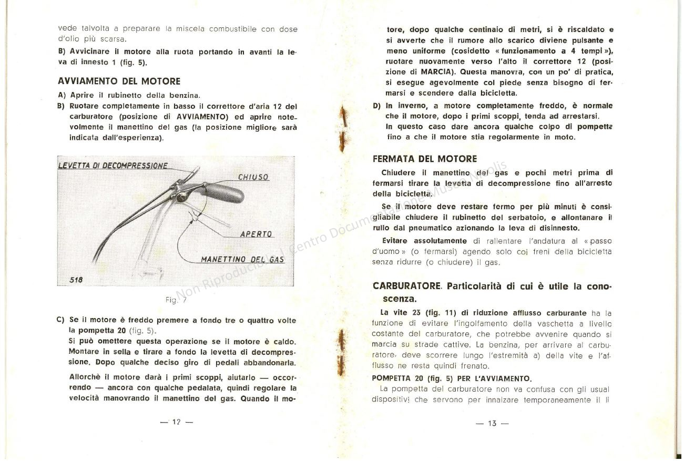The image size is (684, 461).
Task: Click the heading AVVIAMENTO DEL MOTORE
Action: (x=119, y=81)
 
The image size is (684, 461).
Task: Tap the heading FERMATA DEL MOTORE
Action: (x=425, y=159)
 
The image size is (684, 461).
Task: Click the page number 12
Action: (x=176, y=422)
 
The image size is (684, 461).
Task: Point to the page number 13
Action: (x=492, y=423)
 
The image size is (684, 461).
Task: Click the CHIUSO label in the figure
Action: (x=253, y=177)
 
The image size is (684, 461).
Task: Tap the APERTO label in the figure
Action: (x=256, y=234)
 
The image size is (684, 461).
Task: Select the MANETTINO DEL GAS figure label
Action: (x=242, y=259)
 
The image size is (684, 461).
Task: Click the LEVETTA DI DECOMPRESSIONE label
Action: (x=113, y=165)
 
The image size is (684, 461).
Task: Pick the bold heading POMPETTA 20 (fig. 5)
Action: (x=452, y=378)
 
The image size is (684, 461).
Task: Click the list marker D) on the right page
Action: (x=376, y=106)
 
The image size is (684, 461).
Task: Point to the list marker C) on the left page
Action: (x=60, y=320)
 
